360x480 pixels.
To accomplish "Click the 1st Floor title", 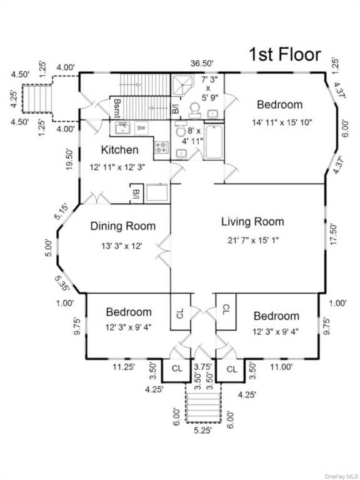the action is [285, 54].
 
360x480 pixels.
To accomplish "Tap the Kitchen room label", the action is [120, 150].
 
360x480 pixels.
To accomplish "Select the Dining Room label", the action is [123, 226].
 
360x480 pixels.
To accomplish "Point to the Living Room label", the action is [252, 222].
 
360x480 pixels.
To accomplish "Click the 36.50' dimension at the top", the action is [202, 63].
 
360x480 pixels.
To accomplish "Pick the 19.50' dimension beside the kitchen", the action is [70, 159].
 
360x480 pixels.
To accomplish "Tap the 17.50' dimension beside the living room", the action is [333, 234].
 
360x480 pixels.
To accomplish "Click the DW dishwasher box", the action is [141, 128].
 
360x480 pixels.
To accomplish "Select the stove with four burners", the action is [161, 147].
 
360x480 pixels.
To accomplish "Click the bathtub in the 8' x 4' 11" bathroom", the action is [214, 142].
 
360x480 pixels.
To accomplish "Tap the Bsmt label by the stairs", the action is [117, 108].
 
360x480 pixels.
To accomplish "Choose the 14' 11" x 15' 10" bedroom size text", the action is [282, 122].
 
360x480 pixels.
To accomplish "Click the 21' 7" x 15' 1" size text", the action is [253, 241].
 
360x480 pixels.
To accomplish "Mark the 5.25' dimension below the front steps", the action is [202, 431].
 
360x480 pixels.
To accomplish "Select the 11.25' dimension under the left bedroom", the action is [124, 367].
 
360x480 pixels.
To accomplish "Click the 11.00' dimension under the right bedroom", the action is [281, 367].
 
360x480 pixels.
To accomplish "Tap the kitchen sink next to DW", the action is [123, 128].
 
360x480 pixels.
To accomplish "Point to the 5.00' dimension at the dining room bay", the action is [49, 247].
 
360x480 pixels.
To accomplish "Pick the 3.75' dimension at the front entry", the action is [203, 367].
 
